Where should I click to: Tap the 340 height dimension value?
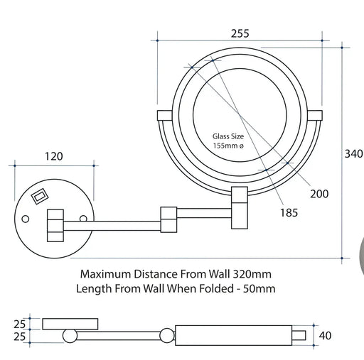click(353, 153)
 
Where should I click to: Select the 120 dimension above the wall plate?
click(54, 157)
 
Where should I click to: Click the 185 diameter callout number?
click(288, 212)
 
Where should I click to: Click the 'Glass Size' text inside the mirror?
click(228, 136)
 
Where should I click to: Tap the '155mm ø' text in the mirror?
click(228, 146)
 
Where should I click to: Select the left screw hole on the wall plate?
click(26, 218)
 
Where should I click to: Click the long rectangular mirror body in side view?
click(235, 334)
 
